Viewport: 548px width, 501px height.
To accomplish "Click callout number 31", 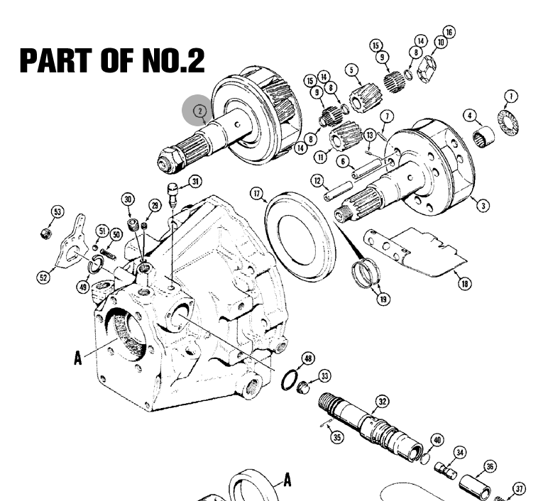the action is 195,182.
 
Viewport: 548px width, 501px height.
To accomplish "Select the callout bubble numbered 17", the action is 257,194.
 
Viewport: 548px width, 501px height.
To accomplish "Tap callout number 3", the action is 483,205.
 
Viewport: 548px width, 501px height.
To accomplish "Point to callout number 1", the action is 511,97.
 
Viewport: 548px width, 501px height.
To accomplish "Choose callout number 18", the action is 464,283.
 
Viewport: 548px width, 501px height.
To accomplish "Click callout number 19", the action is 383,299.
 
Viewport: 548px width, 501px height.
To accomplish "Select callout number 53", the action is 57,211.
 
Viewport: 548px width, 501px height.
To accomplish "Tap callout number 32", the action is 383,402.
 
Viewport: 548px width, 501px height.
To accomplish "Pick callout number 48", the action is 308,358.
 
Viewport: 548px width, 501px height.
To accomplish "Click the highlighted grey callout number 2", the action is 200,111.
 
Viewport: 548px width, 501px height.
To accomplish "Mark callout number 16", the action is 449,32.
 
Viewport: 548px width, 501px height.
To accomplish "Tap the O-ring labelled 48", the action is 290,380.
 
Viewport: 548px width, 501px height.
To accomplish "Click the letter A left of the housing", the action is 77,358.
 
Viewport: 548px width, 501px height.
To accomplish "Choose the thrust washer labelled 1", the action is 508,123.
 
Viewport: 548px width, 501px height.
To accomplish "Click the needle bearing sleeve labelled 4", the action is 483,137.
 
